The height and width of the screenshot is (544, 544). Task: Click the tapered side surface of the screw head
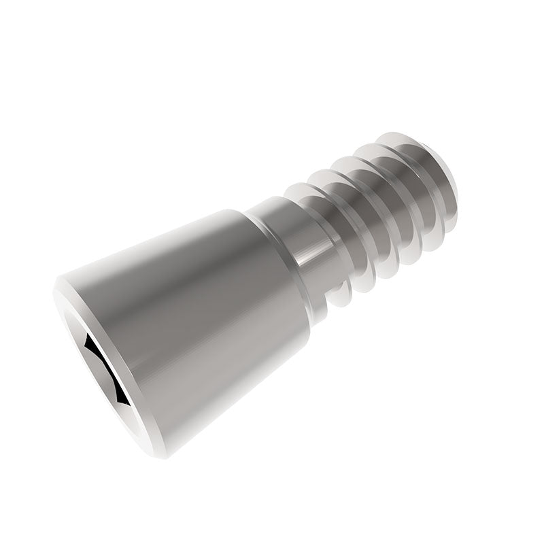(204, 320)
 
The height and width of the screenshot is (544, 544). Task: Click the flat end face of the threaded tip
(445, 184)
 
